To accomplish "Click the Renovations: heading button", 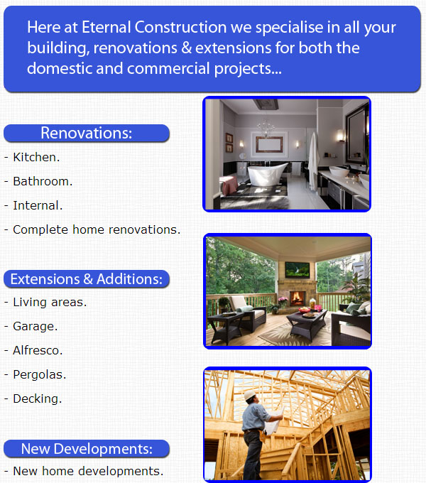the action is [87, 134].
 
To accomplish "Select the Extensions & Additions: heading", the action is [87, 279].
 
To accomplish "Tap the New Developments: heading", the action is [87, 449].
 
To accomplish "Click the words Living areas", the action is [50, 302].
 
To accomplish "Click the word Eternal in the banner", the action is [106, 27].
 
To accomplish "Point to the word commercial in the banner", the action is [168, 68].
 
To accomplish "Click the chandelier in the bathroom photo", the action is [266, 128].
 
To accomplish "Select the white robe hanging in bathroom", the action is [313, 161].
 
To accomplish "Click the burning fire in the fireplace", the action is [297, 298].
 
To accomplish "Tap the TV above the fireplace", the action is [297, 270].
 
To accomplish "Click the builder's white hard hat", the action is [250, 395].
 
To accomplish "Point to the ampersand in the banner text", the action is [187, 48].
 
